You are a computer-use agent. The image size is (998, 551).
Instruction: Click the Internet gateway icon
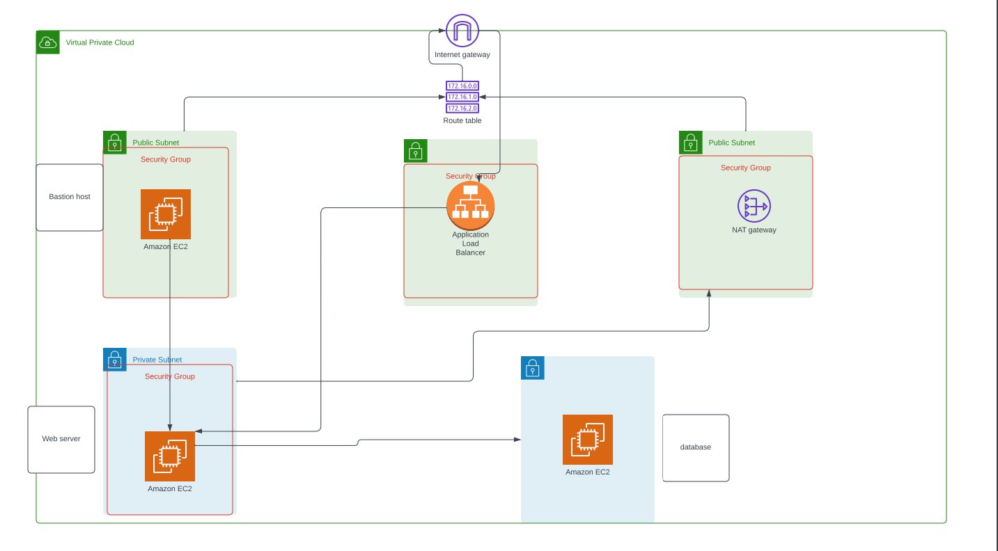click(462, 31)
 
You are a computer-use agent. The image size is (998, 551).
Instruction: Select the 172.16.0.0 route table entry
click(462, 86)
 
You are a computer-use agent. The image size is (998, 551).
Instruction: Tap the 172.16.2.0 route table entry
click(462, 109)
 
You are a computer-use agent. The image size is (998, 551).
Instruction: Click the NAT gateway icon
click(754, 206)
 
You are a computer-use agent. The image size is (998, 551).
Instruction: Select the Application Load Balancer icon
click(471, 205)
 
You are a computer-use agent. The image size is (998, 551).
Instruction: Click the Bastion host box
click(70, 197)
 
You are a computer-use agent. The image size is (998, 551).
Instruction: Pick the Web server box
click(61, 439)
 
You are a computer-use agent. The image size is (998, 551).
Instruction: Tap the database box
click(696, 447)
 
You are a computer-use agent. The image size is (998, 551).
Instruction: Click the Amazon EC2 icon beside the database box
click(588, 440)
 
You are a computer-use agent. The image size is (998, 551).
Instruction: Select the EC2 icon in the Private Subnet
click(170, 456)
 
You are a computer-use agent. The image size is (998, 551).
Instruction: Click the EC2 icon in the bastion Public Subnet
click(166, 214)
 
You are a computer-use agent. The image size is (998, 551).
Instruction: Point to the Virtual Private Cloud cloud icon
click(48, 42)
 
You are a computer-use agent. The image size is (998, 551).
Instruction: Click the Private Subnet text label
click(157, 360)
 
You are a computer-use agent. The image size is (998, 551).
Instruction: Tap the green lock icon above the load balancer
click(416, 151)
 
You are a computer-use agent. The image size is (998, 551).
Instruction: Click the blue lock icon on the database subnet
click(533, 368)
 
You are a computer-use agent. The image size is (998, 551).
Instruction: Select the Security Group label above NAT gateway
click(745, 168)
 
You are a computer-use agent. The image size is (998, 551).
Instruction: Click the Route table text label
click(462, 120)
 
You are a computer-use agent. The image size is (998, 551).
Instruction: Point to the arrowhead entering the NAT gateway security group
click(709, 294)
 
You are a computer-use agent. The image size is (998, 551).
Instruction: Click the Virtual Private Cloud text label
click(100, 42)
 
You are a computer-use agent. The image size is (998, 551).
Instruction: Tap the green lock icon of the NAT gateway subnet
click(691, 143)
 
